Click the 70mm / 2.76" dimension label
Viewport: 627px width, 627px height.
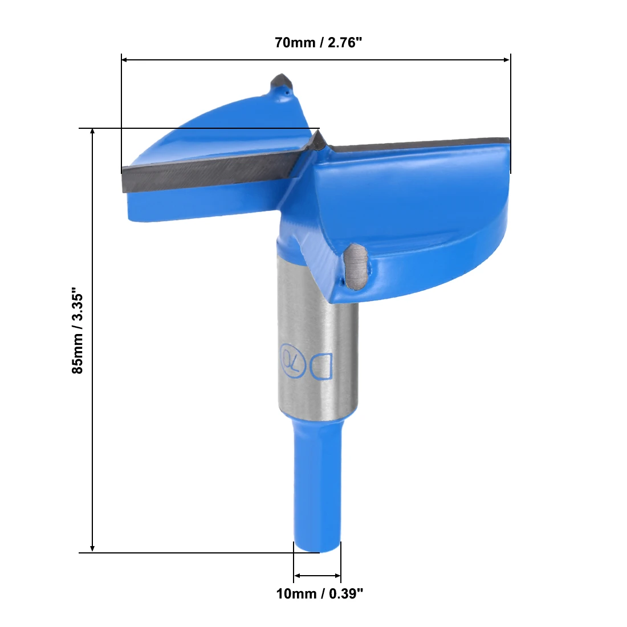pyautogui.click(x=318, y=42)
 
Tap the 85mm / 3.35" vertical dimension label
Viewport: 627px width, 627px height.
pyautogui.click(x=77, y=330)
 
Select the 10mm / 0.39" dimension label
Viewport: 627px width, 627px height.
pyautogui.click(x=320, y=593)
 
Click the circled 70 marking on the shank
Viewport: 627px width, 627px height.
pyautogui.click(x=293, y=360)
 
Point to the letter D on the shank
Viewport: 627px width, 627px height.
pyautogui.click(x=321, y=366)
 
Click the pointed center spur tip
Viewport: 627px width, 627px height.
pyautogui.click(x=318, y=131)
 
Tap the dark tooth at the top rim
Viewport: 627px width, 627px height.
pyautogui.click(x=282, y=83)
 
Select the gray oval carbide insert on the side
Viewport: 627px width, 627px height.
pyautogui.click(x=356, y=266)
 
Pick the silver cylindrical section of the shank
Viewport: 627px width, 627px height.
pyautogui.click(x=318, y=352)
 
